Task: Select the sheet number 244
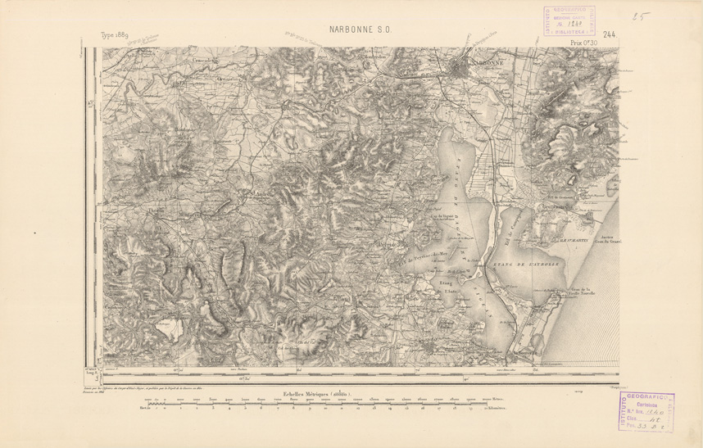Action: pos(609,34)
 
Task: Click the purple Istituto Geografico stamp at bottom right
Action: pos(646,410)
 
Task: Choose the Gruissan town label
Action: pos(561,208)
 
